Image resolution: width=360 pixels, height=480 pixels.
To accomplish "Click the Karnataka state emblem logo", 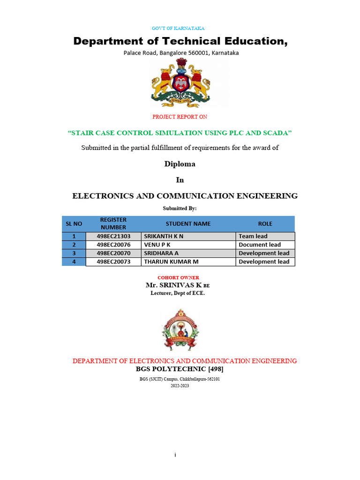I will [x=180, y=84].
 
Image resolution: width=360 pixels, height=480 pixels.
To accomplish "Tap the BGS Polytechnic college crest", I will [x=180, y=330].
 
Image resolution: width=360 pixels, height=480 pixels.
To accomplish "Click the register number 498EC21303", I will [x=113, y=236].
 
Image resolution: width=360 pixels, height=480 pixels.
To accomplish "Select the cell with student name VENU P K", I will [x=157, y=245].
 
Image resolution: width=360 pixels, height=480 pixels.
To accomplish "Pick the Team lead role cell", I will [x=253, y=236].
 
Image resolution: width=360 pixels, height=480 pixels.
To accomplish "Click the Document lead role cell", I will [x=260, y=245].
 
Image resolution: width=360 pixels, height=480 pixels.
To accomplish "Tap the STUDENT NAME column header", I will [x=188, y=224].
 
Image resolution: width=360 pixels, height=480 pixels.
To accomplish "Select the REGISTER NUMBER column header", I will [x=113, y=224].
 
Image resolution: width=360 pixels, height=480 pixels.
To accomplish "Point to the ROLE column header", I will [x=265, y=224].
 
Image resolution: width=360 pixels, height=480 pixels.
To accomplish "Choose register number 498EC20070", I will [x=113, y=253].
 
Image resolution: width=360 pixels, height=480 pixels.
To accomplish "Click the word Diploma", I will [x=180, y=164].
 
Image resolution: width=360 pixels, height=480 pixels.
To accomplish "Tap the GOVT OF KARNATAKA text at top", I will [x=178, y=28].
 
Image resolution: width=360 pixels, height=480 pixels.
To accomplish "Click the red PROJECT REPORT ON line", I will [x=180, y=117].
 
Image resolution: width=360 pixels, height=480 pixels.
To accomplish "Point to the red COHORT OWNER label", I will [x=178, y=277].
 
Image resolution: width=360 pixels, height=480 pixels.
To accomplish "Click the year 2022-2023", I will [x=180, y=385].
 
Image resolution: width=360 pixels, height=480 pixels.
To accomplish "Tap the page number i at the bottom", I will [x=175, y=455].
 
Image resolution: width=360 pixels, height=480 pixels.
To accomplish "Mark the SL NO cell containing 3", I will [x=74, y=253].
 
